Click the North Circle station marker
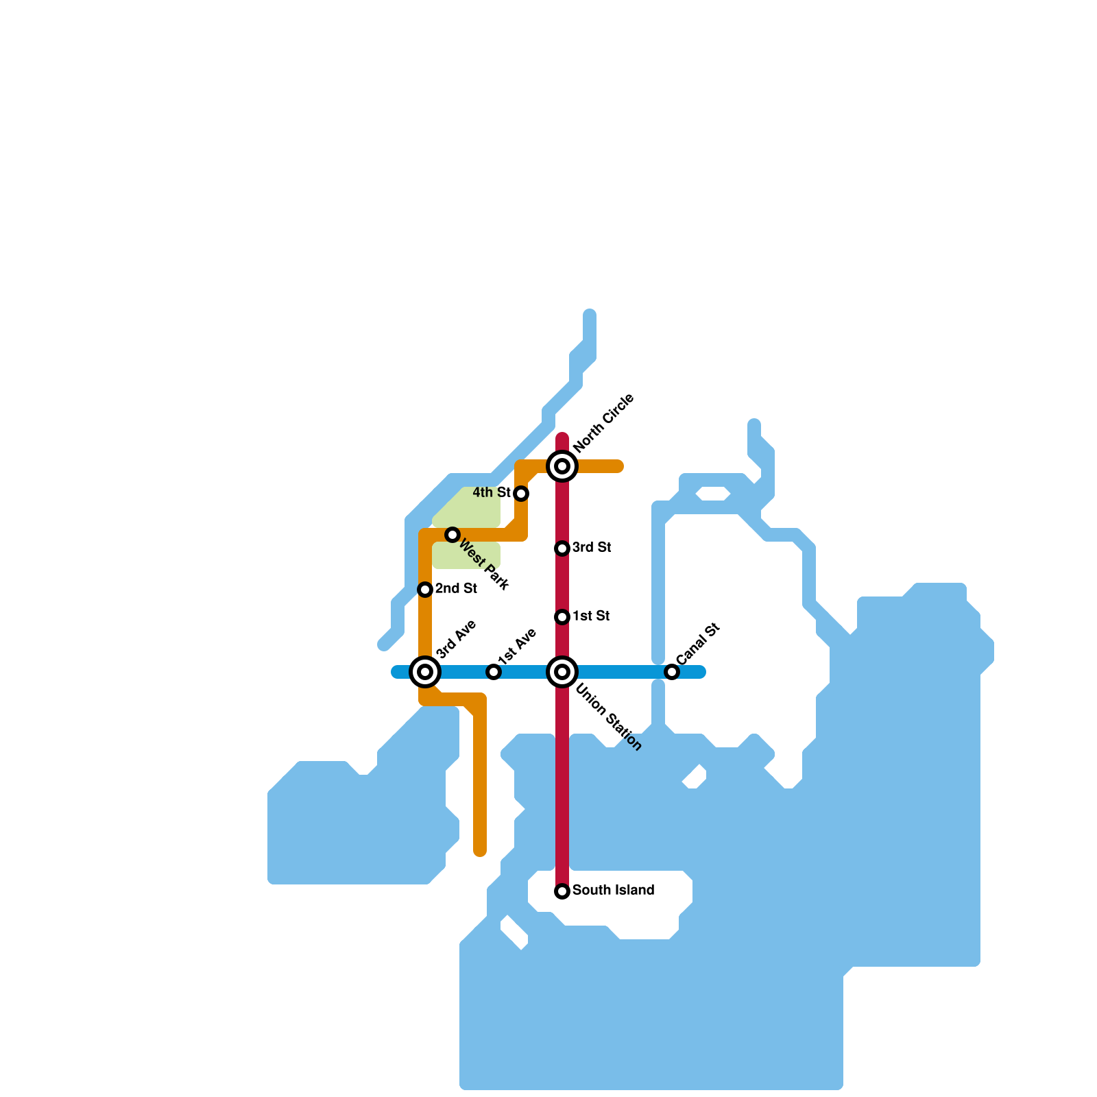pyautogui.click(x=562, y=466)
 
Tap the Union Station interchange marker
pyautogui.click(x=562, y=672)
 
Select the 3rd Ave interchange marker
pyautogui.click(x=425, y=672)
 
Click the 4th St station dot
pyautogui.click(x=521, y=494)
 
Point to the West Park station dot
pyautogui.click(x=453, y=535)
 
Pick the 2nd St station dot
pyautogui.click(x=425, y=590)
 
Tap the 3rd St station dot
pyautogui.click(x=562, y=548)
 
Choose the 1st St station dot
pyautogui.click(x=562, y=617)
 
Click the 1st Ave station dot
pyautogui.click(x=494, y=672)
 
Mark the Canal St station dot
pyautogui.click(x=672, y=672)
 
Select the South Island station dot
pyautogui.click(x=562, y=891)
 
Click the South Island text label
pyautogui.click(x=613, y=891)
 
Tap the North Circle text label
pyautogui.click(x=604, y=424)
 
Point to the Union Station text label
pyautogui.click(x=608, y=717)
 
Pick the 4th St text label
pyautogui.click(x=492, y=493)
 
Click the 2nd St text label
pyautogui.click(x=456, y=589)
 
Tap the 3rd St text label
pyautogui.click(x=592, y=548)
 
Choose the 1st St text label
pyautogui.click(x=591, y=616)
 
